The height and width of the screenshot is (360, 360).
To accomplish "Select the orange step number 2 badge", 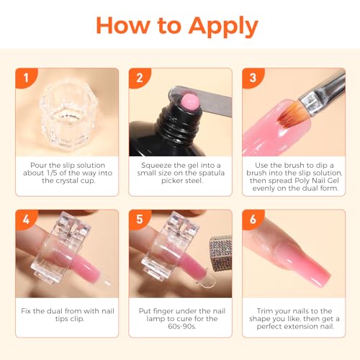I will [138, 77].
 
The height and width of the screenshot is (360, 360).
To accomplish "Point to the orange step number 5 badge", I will [138, 220].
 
